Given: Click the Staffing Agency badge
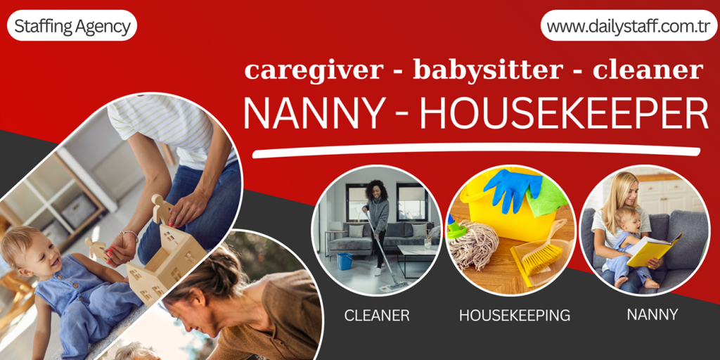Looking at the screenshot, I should [x=72, y=27].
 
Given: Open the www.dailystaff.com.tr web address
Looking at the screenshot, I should [x=628, y=27].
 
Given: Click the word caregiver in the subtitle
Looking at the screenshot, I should [x=314, y=70].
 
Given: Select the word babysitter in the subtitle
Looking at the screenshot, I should [x=488, y=70].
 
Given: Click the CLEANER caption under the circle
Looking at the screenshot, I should [x=377, y=316].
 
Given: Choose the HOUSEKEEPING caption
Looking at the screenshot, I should [x=515, y=316].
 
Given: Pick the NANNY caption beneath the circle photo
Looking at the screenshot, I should [x=652, y=314].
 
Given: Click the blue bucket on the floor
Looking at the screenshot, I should [x=345, y=262].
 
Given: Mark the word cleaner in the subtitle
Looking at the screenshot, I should [x=648, y=70].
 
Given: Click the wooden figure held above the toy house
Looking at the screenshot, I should [x=162, y=209].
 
